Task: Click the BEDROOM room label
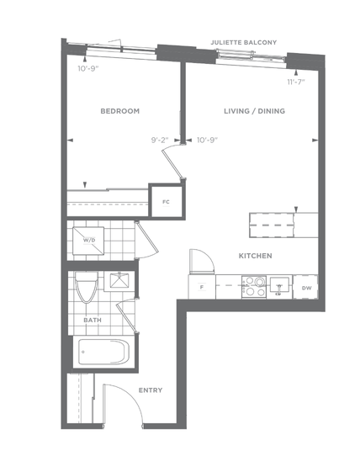[x=119, y=111]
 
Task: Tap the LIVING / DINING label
[x=255, y=111]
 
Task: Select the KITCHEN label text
[x=256, y=256]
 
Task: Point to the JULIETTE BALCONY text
[x=244, y=42]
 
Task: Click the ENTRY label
[x=151, y=390]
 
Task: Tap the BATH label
[x=93, y=320]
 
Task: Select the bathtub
[x=103, y=352]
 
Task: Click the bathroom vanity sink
[x=119, y=281]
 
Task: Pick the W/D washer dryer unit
[x=88, y=241]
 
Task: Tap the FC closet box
[x=166, y=202]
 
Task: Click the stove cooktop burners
[x=254, y=287]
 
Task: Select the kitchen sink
[x=279, y=285]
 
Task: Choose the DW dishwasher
[x=305, y=288]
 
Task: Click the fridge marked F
[x=202, y=287]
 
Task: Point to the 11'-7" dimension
[x=296, y=82]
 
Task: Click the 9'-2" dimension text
[x=160, y=141]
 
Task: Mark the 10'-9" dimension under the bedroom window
[x=88, y=69]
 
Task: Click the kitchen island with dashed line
[x=283, y=225]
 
